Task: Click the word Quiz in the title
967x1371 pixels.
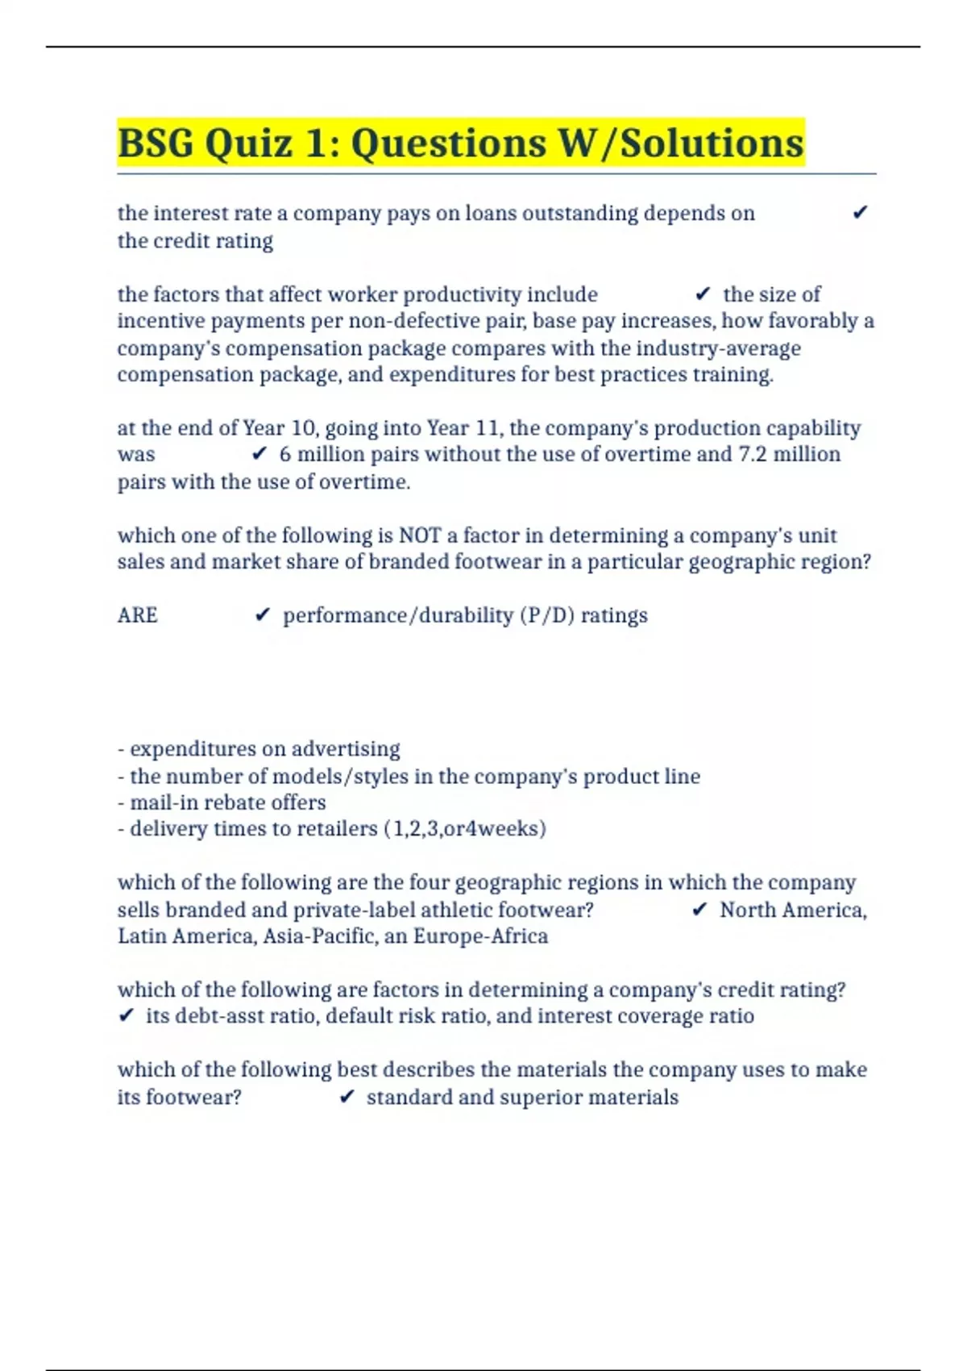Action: point(249,144)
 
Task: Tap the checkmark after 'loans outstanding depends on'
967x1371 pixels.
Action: point(860,213)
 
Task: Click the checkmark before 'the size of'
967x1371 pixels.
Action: point(703,294)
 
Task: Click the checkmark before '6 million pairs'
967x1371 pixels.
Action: point(259,455)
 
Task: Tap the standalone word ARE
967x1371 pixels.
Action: point(138,615)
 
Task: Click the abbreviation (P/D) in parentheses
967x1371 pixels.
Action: point(546,615)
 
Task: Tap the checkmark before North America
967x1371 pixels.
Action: point(699,910)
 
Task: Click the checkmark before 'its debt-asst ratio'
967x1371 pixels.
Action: point(126,1016)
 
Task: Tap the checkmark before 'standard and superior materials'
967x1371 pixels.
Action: point(347,1098)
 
